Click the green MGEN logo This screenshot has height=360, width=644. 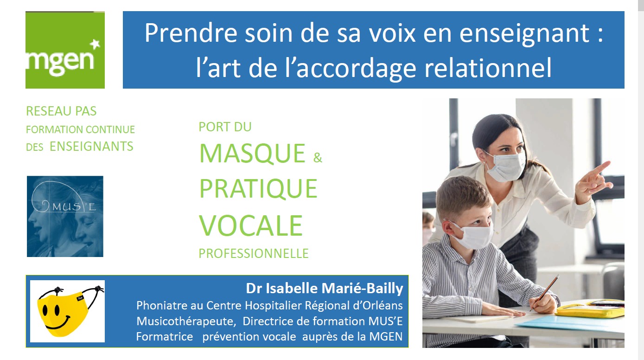click(x=65, y=50)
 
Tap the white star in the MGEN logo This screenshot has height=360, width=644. click(x=95, y=45)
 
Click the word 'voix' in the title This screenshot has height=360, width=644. click(x=392, y=33)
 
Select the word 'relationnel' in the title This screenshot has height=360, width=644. click(x=488, y=68)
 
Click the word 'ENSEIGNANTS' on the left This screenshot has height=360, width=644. click(x=91, y=146)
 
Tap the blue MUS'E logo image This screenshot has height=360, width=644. click(x=65, y=216)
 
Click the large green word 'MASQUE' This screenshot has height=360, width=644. click(x=252, y=154)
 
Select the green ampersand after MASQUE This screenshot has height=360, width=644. click(x=318, y=158)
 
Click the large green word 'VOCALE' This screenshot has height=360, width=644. click(x=251, y=225)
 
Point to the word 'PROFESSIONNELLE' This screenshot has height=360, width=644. click(x=254, y=253)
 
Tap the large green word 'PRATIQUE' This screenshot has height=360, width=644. click(x=258, y=189)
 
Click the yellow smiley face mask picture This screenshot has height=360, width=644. click(x=68, y=311)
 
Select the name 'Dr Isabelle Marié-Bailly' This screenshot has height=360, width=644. click(x=325, y=289)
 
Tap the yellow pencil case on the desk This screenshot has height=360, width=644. click(x=590, y=309)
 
